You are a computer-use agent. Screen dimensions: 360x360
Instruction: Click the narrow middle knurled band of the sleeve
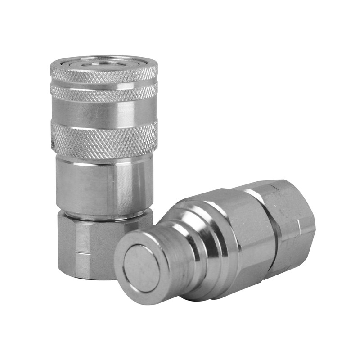(103, 93)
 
